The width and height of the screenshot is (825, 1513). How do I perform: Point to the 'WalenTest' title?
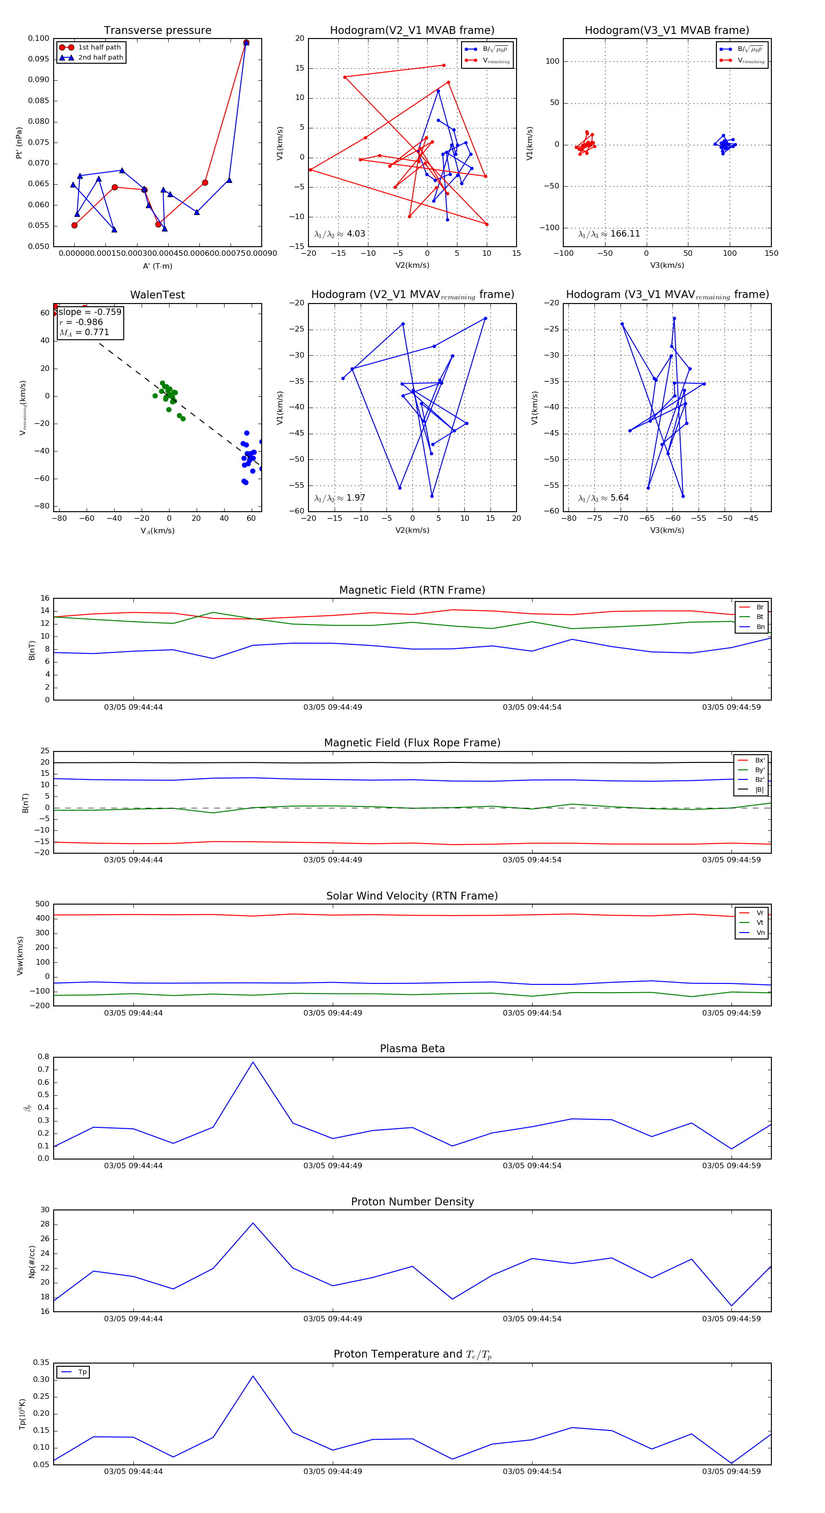pyautogui.click(x=157, y=295)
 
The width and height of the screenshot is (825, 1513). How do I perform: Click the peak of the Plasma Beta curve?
pyautogui.click(x=253, y=1062)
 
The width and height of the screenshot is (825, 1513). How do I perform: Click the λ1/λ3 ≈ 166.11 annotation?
pyautogui.click(x=609, y=234)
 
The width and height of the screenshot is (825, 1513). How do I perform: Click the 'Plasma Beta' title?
pyautogui.click(x=412, y=1049)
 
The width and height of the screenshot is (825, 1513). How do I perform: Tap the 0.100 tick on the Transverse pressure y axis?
pyautogui.click(x=39, y=39)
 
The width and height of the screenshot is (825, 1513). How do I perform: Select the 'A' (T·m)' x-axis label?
pyautogui.click(x=157, y=266)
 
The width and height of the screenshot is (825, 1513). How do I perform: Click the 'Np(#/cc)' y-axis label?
pyautogui.click(x=32, y=1262)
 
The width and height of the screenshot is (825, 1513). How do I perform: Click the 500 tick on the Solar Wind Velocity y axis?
pyautogui.click(x=42, y=905)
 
